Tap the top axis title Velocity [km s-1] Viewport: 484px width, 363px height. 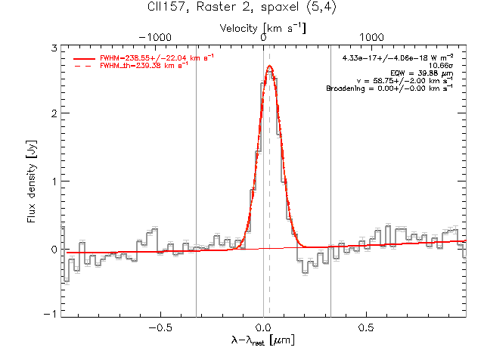tap(262, 29)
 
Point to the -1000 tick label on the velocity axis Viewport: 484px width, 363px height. tap(155, 38)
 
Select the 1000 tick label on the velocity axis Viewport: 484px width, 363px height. tap(371, 38)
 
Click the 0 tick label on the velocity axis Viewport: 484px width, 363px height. tap(263, 38)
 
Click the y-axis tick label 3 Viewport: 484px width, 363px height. tap(54, 48)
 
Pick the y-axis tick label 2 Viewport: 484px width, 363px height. tap(54, 113)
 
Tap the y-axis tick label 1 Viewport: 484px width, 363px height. tap(54, 181)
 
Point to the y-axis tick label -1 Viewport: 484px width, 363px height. tap(51, 314)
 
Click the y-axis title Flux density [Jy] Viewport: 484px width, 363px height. tap(32, 181)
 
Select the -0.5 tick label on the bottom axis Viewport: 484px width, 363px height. tap(160, 327)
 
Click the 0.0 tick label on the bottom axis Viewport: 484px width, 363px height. tap(264, 327)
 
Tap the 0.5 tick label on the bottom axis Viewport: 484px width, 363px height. tap(366, 327)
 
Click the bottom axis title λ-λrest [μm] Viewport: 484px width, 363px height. tap(263, 340)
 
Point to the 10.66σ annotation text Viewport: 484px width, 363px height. tap(441, 66)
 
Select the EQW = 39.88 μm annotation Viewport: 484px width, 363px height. tap(422, 73)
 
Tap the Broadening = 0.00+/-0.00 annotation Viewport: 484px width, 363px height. tap(390, 88)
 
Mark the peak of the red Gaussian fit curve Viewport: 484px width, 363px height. tap(270, 66)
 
